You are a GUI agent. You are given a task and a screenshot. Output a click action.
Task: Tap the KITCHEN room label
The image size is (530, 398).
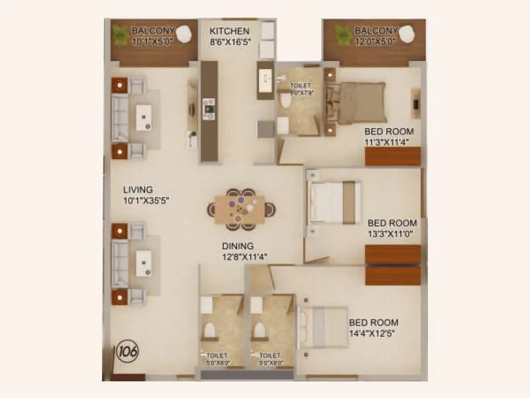[x=229, y=31]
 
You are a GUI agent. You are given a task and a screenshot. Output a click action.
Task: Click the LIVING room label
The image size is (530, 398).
[x=138, y=190]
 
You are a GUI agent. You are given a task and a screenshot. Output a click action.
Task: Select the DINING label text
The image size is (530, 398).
[x=238, y=245]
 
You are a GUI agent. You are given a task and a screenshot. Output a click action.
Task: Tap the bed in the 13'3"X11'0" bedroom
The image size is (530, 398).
[x=336, y=202]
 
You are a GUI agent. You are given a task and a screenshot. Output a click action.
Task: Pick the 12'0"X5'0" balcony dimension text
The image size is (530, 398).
[x=375, y=41]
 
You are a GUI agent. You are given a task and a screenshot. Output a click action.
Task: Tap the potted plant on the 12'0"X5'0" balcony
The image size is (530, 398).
[x=343, y=33]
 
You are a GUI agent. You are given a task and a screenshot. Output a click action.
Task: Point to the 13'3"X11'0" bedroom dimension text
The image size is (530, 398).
[x=392, y=234]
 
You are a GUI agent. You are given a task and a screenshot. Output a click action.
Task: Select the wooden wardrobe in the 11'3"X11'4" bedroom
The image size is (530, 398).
[x=393, y=157]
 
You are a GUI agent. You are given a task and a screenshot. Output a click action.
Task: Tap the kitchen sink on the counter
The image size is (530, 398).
[x=266, y=79]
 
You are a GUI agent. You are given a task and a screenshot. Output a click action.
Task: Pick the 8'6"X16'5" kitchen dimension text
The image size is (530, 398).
[x=229, y=42]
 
